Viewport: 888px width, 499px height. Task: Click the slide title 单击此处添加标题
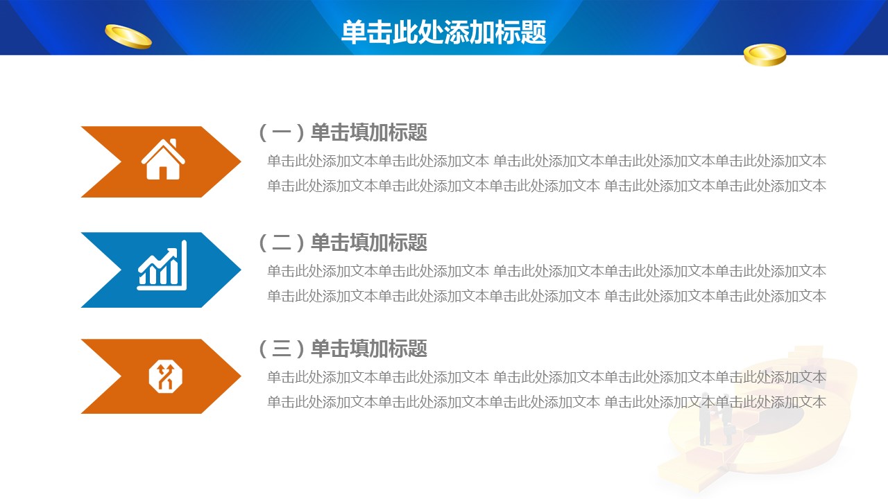[443, 32]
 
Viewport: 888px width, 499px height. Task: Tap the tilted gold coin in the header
[128, 37]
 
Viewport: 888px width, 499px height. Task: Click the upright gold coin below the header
[765, 55]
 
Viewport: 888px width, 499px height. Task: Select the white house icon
[163, 159]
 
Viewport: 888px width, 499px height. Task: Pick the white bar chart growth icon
[162, 265]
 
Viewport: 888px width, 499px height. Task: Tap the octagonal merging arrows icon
[165, 376]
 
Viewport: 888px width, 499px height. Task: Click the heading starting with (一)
[343, 132]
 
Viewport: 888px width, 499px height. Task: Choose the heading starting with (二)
[343, 243]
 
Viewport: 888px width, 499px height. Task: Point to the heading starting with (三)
[343, 349]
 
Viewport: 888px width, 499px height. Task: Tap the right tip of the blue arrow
[241, 270]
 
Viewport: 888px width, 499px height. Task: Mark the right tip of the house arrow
[241, 161]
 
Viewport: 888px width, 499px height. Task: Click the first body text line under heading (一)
[547, 161]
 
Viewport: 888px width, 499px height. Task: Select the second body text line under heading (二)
[547, 296]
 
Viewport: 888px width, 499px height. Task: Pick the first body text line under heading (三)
[547, 377]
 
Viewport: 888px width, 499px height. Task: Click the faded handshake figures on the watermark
[715, 419]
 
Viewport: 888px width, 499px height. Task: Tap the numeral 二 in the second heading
[282, 243]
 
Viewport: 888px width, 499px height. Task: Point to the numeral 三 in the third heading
[282, 349]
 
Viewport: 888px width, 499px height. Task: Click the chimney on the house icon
[173, 143]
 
